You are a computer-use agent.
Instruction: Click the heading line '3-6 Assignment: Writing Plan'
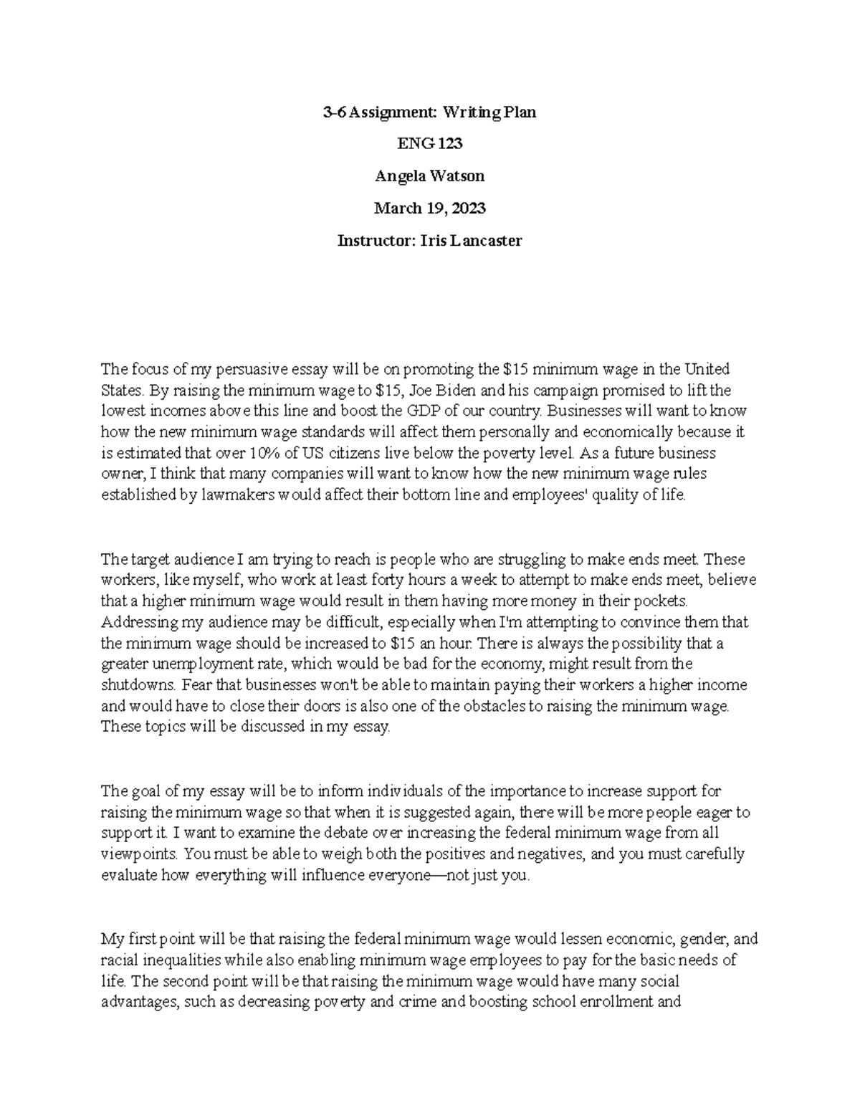[429, 113]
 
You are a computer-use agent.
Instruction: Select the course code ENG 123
[429, 144]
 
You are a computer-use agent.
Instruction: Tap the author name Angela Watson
[429, 176]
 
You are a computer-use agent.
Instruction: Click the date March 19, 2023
[429, 208]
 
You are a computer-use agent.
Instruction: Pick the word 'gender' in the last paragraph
[704, 939]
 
